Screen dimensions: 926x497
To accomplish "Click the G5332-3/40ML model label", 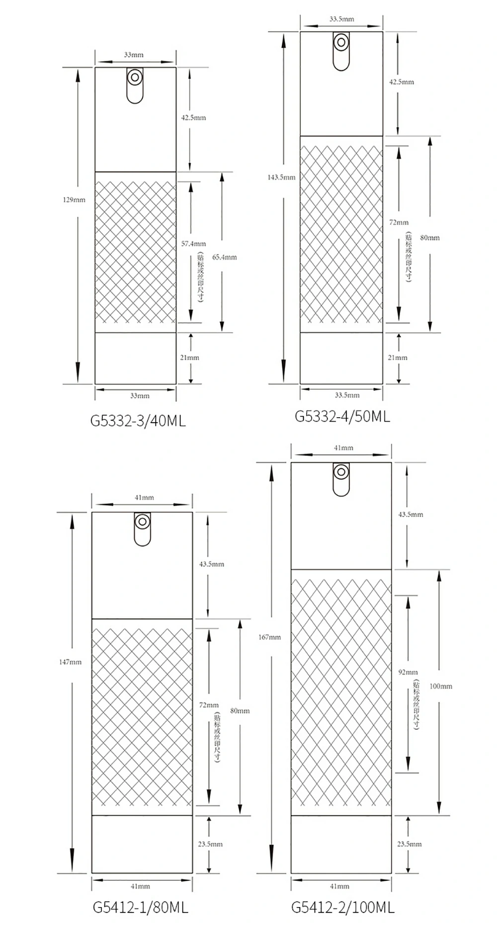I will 138,421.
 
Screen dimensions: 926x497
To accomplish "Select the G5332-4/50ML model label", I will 342,416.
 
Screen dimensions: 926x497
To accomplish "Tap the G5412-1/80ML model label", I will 141,907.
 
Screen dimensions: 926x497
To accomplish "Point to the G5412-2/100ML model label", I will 343,907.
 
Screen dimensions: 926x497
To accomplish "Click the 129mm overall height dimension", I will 74,200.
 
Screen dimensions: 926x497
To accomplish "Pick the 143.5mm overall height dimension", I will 281,177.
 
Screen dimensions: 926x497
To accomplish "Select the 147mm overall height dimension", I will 70,662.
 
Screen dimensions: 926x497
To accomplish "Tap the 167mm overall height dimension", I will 270,637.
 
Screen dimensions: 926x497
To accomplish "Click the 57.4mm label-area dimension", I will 193,244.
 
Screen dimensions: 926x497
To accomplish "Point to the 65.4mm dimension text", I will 224,257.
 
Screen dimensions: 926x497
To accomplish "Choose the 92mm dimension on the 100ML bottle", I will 408,672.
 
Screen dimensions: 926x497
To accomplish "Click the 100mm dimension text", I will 441,686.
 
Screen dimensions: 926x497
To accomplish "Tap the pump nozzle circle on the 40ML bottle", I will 135,78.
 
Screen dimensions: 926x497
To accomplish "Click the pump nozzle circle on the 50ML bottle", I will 341,42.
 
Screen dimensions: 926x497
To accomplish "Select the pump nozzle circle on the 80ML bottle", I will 143,522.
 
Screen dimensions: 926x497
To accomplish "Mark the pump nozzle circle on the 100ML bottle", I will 341,472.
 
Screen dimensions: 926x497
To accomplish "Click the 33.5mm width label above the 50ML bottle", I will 341,19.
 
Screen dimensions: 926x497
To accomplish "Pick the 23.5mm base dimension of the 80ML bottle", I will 210,844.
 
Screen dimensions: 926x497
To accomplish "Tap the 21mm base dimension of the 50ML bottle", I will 398,357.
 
